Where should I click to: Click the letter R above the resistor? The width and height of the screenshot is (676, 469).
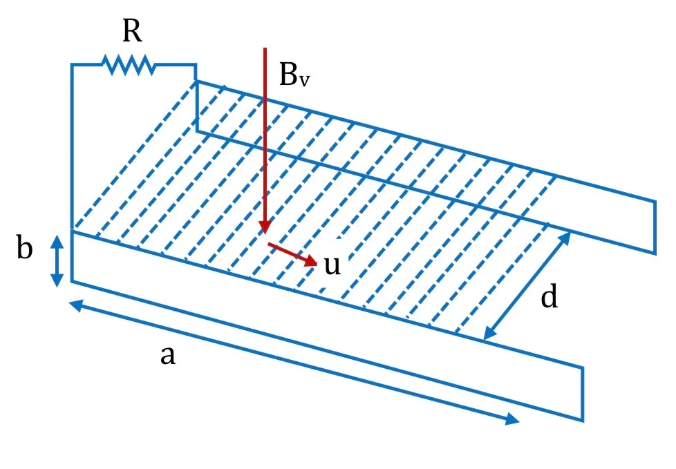pyautogui.click(x=132, y=31)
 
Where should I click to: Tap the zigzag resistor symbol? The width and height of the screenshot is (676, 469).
pyautogui.click(x=129, y=65)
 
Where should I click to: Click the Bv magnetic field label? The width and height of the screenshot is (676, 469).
pyautogui.click(x=294, y=75)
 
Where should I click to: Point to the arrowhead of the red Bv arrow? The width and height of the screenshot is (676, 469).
pyautogui.click(x=265, y=227)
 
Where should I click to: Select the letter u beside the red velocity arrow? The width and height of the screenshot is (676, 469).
pyautogui.click(x=332, y=265)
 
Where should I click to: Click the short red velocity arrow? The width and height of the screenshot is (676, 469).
pyautogui.click(x=292, y=254)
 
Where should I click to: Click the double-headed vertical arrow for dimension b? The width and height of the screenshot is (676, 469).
pyautogui.click(x=57, y=261)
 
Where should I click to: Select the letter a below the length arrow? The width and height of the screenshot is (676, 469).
pyautogui.click(x=168, y=356)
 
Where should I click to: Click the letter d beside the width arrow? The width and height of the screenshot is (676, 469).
pyautogui.click(x=550, y=296)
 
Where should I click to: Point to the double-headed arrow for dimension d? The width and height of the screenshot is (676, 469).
pyautogui.click(x=527, y=286)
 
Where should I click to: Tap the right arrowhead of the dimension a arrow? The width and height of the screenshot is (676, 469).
pyautogui.click(x=513, y=419)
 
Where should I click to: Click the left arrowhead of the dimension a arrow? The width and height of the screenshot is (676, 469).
pyautogui.click(x=76, y=305)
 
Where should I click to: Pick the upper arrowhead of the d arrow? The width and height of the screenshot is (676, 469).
pyautogui.click(x=565, y=239)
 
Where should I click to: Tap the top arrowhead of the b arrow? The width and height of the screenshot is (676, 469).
pyautogui.click(x=57, y=241)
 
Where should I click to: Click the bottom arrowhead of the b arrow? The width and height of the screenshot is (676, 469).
pyautogui.click(x=57, y=281)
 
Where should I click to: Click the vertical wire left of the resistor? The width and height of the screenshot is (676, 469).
pyautogui.click(x=72, y=146)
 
